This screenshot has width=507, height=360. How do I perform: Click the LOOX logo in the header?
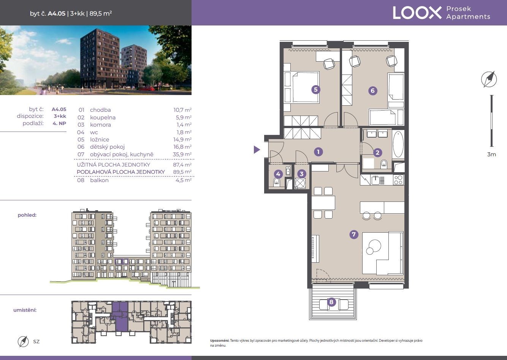pos(417,13)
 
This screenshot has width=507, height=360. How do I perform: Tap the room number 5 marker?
pos(316,90)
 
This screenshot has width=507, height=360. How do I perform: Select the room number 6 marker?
pos(372,91)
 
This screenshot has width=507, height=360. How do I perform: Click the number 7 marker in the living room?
pos(354,234)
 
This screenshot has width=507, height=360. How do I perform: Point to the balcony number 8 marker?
pos(331,302)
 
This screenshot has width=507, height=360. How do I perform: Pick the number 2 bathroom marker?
pos(377,152)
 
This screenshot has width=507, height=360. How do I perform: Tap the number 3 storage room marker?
pos(301,174)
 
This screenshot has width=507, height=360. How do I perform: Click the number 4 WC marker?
pos(278,174)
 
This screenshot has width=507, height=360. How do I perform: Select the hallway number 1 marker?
pos(318,152)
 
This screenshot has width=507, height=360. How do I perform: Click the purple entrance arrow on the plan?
pos(257,150)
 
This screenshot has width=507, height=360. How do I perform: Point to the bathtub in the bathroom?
pos(398,144)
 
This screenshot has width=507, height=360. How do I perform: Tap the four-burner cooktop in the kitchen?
pos(398,180)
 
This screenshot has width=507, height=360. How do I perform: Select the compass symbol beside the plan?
pos(489,79)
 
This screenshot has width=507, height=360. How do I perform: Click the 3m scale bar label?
pos(491,154)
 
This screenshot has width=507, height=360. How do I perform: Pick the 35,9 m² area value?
pos(182,154)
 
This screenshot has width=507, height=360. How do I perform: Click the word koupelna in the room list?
pos(103,117)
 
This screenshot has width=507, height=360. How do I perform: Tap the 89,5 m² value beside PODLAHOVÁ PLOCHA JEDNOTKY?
pos(182,172)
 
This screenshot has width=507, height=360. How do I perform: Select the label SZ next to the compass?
pos(36,341)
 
